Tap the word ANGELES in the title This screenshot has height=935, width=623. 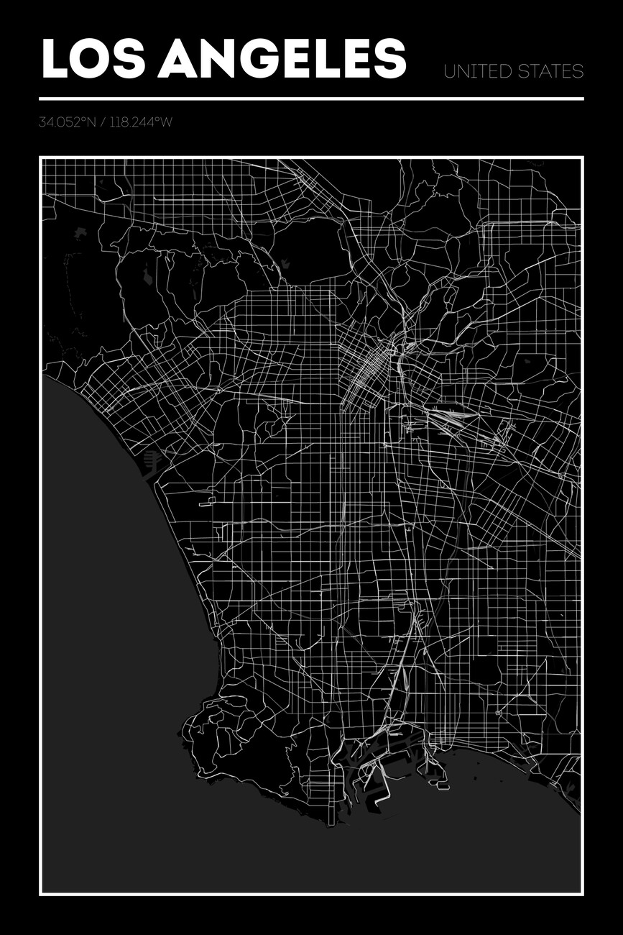[x=282, y=59]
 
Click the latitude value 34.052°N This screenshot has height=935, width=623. [x=67, y=122]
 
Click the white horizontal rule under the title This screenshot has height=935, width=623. [x=311, y=99]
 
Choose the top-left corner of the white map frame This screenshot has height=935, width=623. [x=41, y=158]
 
